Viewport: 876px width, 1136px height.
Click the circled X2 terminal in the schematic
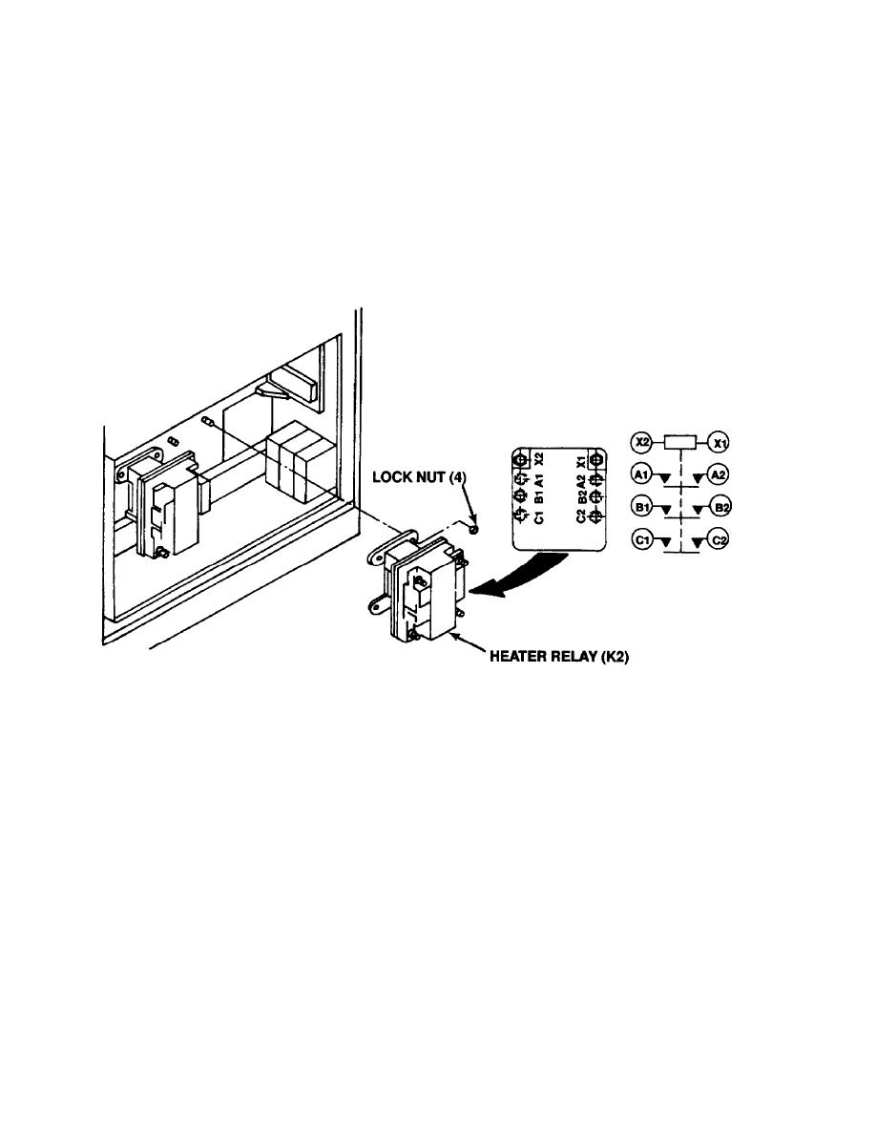[641, 442]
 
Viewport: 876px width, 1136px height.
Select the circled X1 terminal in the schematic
[720, 442]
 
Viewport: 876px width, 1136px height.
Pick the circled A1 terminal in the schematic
[641, 473]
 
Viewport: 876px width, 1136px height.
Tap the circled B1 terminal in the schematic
[641, 507]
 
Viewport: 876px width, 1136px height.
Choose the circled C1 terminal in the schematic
[641, 540]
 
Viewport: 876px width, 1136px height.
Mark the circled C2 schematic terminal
[720, 540]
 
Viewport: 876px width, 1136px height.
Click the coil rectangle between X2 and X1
[680, 442]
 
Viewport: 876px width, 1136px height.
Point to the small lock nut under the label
[474, 525]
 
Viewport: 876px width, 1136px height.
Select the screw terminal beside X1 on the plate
[595, 460]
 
